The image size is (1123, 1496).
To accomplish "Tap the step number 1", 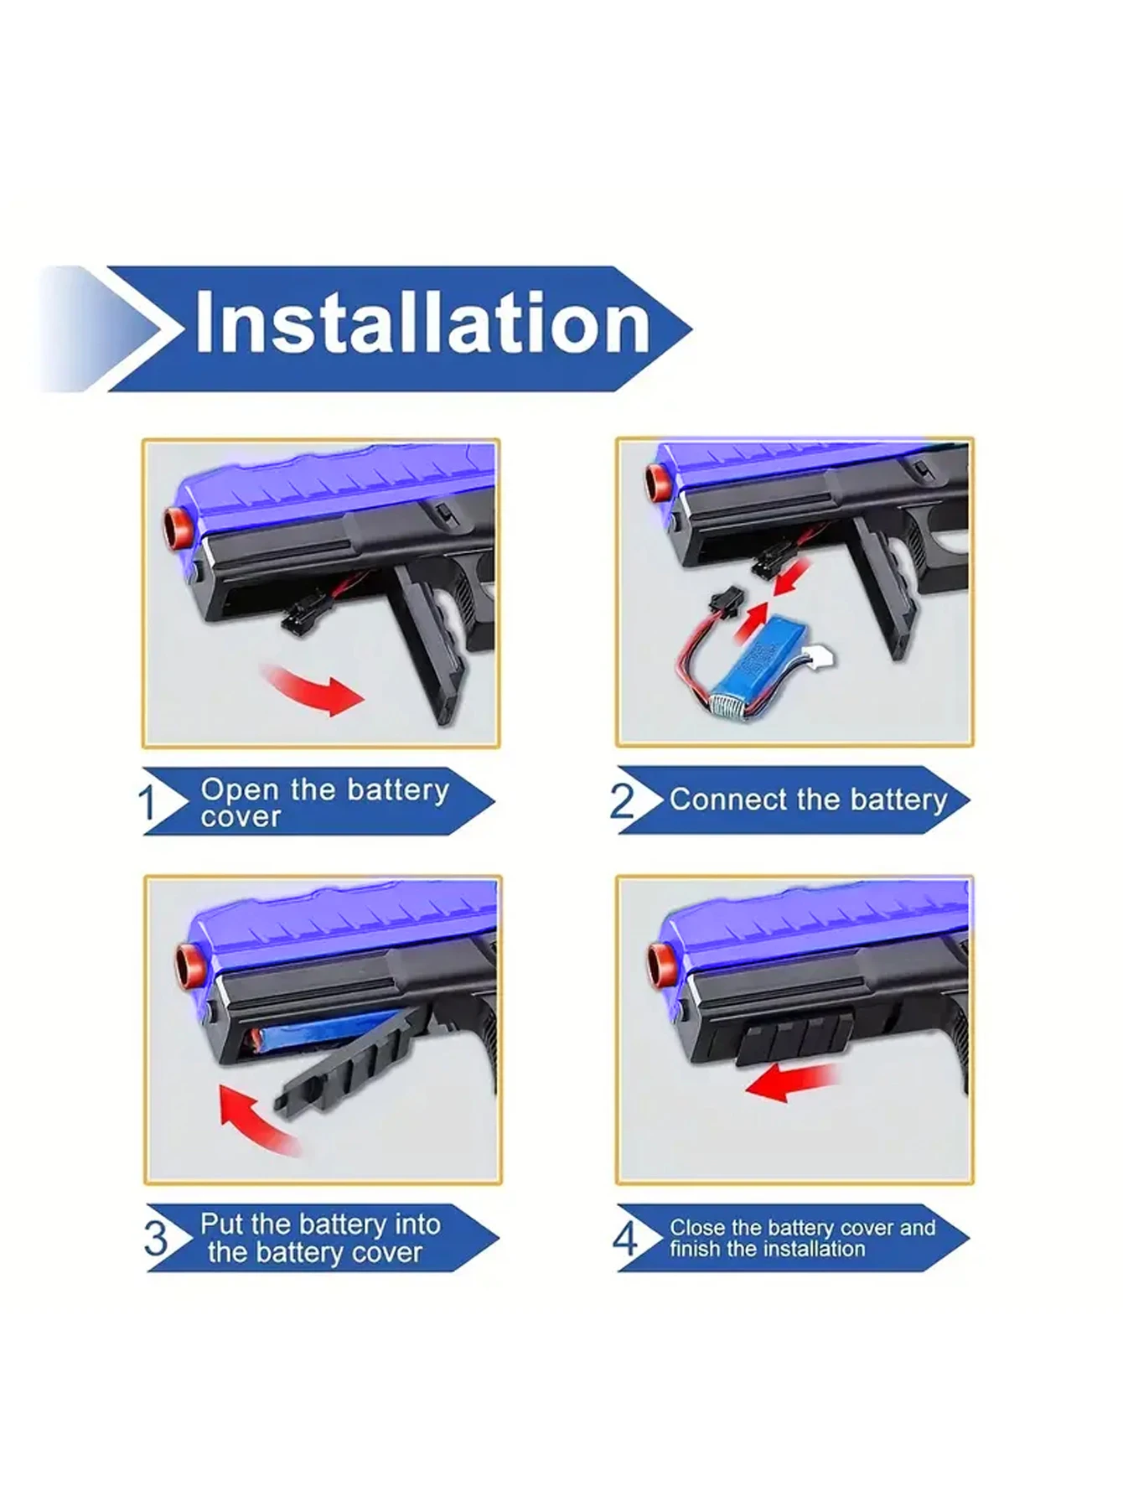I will (147, 803).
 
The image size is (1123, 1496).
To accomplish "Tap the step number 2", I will (622, 800).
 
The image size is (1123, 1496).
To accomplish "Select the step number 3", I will (156, 1239).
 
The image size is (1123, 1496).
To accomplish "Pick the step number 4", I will (625, 1238).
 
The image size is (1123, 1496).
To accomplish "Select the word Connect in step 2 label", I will (728, 800).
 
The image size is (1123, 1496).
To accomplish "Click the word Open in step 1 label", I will (240, 789).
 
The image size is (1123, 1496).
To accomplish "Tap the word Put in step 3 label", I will (221, 1224).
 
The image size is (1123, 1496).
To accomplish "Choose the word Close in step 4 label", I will (696, 1228).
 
